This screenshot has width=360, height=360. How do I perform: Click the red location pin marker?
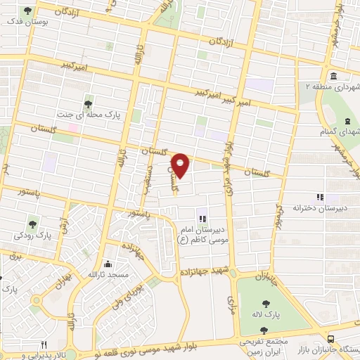[x=181, y=165]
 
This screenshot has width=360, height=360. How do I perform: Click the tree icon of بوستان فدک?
[x=27, y=11]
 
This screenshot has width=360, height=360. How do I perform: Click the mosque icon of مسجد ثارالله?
[x=107, y=264]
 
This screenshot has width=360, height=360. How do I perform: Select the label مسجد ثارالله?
[x=108, y=275]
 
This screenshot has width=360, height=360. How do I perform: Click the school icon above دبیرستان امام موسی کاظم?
[x=202, y=219]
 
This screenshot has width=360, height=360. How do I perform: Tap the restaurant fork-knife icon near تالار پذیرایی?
[x=43, y=345]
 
